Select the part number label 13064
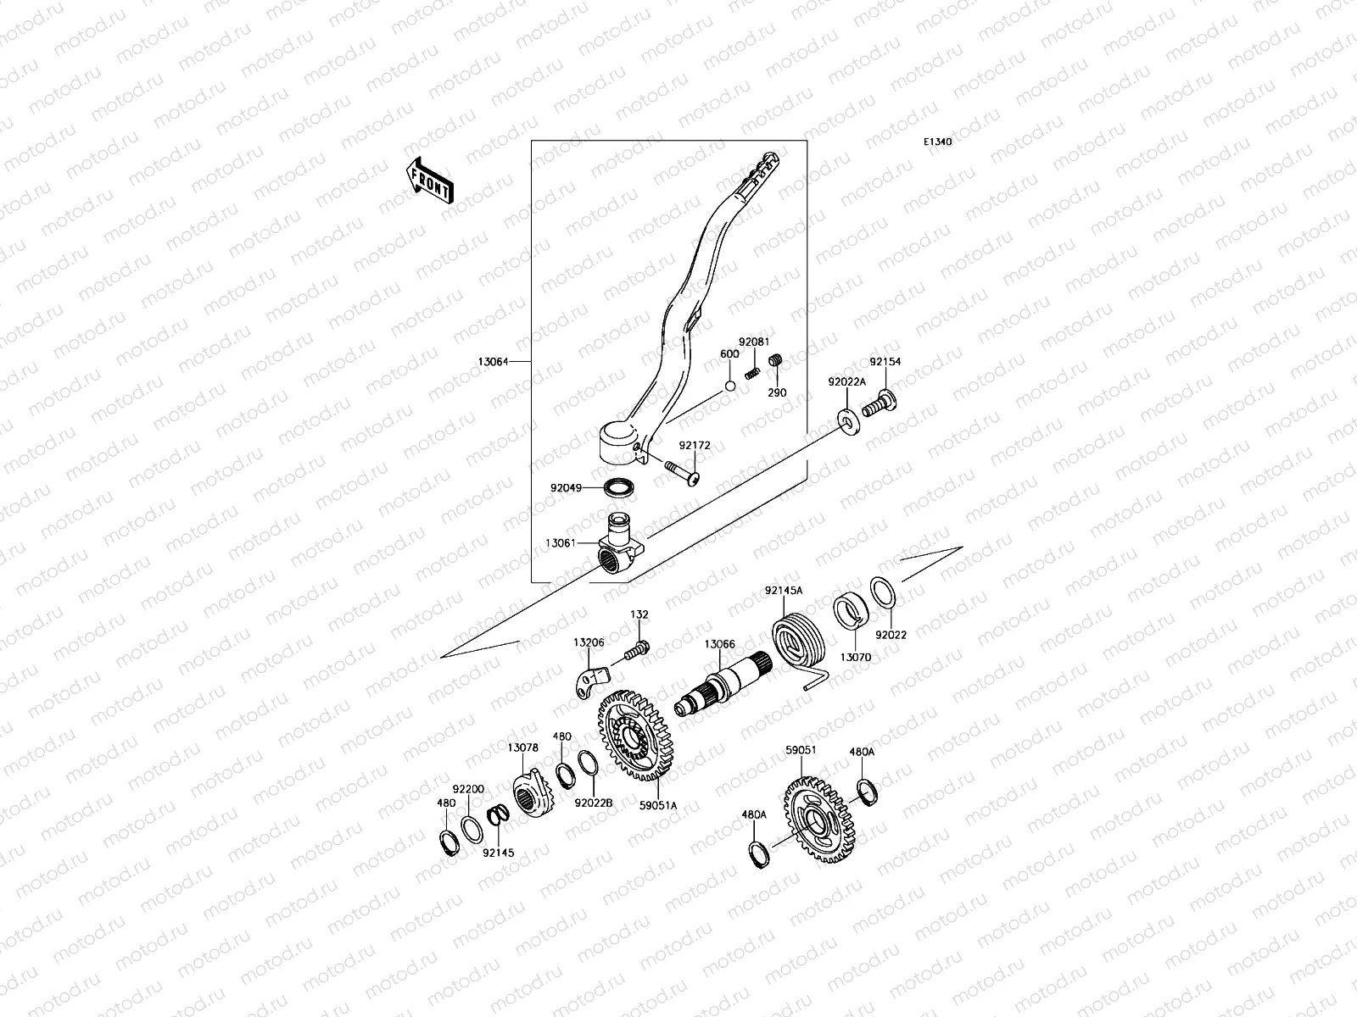pyautogui.click(x=493, y=362)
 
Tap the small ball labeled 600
pyautogui.click(x=729, y=387)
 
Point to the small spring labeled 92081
pyautogui.click(x=751, y=373)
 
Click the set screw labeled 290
pyautogui.click(x=775, y=363)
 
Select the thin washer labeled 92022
pyautogui.click(x=881, y=591)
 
